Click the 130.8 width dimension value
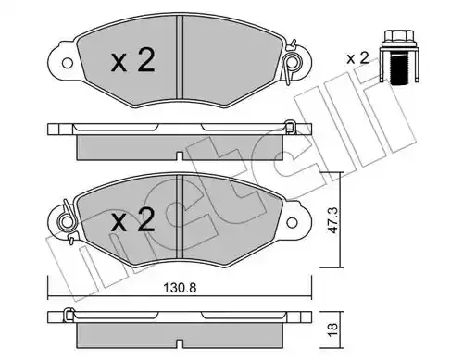180,288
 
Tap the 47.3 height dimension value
332,220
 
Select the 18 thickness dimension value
332,329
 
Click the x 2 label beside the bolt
357,58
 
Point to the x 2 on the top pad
132,61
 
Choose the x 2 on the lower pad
132,219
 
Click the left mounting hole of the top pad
67,63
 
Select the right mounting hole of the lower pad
292,222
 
